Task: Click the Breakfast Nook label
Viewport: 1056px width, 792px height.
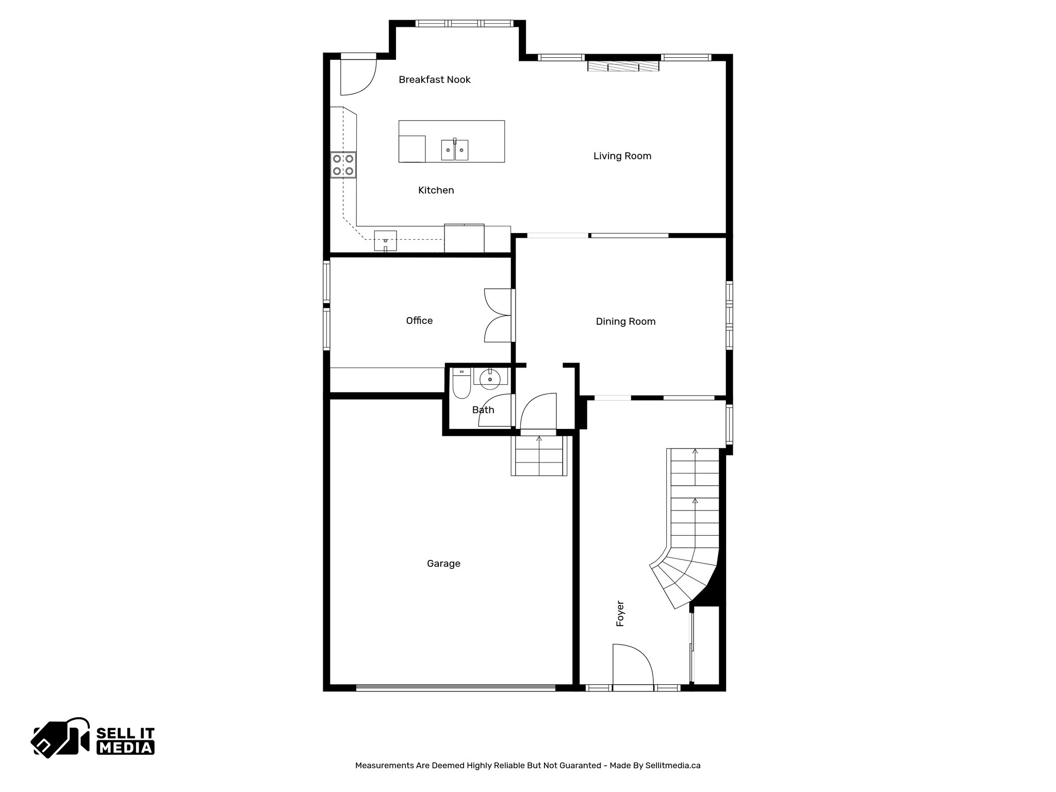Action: coord(434,79)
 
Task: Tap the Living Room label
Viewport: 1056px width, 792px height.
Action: coord(622,156)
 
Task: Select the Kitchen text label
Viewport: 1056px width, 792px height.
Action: coord(436,190)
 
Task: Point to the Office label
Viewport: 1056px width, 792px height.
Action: coord(419,321)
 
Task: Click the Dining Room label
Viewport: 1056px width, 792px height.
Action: coord(625,322)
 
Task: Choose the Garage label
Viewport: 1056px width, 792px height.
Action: coord(443,564)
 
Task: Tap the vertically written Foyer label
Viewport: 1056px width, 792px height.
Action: coord(620,614)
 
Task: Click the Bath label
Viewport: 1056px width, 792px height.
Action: coord(483,410)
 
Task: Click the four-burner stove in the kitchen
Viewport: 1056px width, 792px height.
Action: coord(343,164)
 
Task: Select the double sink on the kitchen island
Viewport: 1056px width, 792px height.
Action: coord(455,150)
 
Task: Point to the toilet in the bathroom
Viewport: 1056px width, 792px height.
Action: coord(460,386)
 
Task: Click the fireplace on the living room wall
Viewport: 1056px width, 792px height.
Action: coord(623,67)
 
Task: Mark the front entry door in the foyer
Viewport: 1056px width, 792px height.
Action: coord(632,665)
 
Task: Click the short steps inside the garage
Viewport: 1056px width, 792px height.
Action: coord(539,456)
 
